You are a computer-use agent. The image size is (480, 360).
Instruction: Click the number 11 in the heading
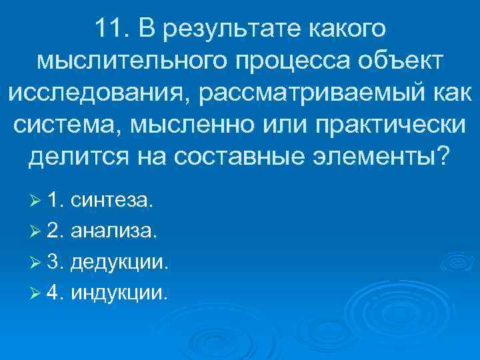(x=109, y=29)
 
